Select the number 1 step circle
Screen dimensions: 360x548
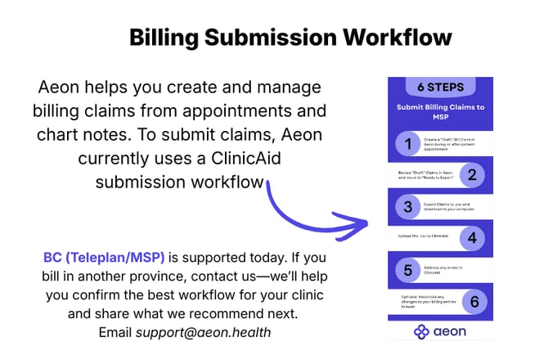(407, 145)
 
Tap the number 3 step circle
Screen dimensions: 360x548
(407, 206)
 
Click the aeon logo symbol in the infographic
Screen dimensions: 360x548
(421, 331)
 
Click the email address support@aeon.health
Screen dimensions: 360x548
(203, 332)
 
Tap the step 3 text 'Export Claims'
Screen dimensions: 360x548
(438, 200)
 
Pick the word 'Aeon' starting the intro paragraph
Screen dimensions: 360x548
(58, 87)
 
